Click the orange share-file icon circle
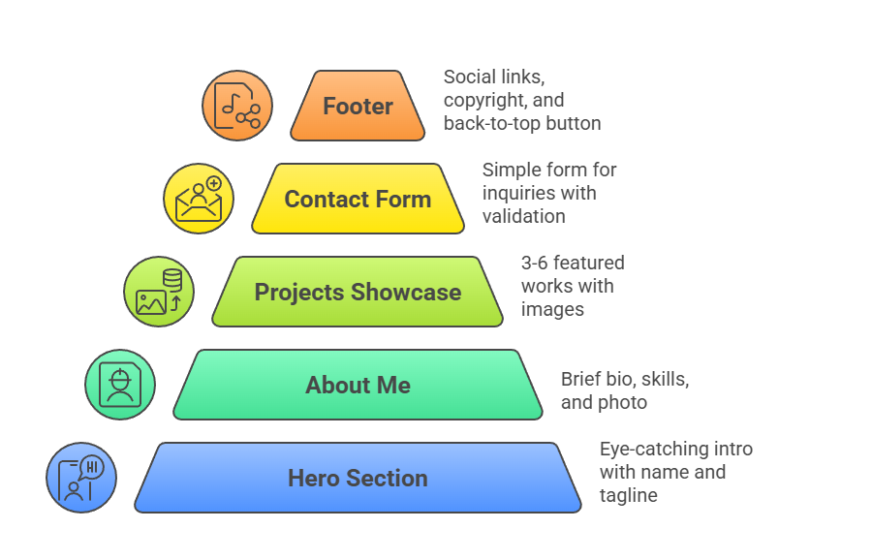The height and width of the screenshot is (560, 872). pyautogui.click(x=237, y=106)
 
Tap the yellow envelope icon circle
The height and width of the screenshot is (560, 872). pyautogui.click(x=199, y=199)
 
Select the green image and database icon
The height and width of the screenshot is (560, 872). pyautogui.click(x=159, y=292)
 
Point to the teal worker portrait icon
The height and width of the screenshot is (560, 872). pyautogui.click(x=120, y=385)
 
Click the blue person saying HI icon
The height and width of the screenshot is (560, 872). pyautogui.click(x=81, y=478)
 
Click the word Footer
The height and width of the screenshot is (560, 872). pyautogui.click(x=358, y=107)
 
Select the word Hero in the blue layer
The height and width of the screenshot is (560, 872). pyautogui.click(x=313, y=479)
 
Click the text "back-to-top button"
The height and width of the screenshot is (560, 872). pyautogui.click(x=522, y=123)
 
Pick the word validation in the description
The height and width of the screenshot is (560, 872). pyautogui.click(x=524, y=216)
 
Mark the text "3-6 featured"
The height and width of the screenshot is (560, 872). pyautogui.click(x=573, y=263)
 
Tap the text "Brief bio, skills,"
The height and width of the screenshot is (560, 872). pyautogui.click(x=625, y=379)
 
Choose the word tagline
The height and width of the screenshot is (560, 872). pyautogui.click(x=629, y=495)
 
